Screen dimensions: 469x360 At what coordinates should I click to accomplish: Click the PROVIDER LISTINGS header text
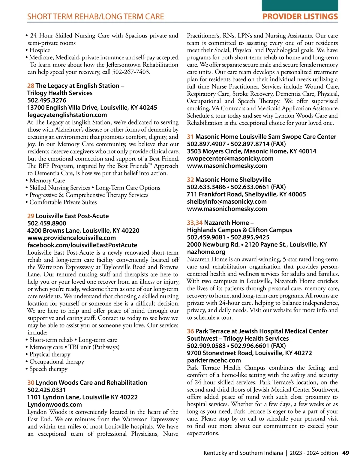click(x=300, y=16)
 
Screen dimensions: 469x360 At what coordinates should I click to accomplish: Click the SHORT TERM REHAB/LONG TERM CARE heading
click(x=95, y=16)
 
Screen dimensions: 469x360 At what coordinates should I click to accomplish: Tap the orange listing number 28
click(x=31, y=86)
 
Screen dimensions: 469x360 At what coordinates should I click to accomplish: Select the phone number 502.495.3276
click(x=47, y=100)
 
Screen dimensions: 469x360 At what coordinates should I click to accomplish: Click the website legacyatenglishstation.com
click(x=67, y=115)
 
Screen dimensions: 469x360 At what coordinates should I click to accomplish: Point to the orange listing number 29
click(x=31, y=216)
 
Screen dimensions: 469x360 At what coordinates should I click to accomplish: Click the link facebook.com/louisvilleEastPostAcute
click(x=82, y=245)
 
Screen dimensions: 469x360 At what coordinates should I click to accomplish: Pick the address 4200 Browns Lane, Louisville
click(x=83, y=231)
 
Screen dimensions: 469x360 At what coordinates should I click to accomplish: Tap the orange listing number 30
click(x=31, y=383)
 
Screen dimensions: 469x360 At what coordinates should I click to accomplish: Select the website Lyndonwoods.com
click(x=55, y=405)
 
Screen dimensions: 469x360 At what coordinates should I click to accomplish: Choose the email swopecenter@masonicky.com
click(x=230, y=158)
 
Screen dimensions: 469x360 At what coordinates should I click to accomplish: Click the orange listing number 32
click(x=190, y=180)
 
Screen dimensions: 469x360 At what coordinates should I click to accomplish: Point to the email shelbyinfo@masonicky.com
click(x=227, y=202)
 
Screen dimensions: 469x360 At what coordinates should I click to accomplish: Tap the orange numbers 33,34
click(x=195, y=223)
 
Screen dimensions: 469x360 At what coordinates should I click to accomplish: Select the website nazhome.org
click(x=206, y=252)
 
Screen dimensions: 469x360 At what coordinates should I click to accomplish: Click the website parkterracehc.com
click(x=214, y=360)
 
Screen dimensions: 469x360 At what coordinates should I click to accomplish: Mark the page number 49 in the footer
click(x=346, y=453)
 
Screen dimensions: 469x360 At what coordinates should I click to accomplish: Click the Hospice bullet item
click(x=40, y=50)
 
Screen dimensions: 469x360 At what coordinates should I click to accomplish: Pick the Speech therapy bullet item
click(x=48, y=369)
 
